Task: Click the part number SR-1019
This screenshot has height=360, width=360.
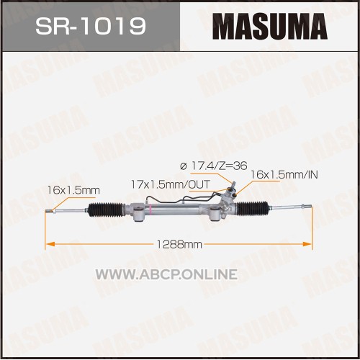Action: [x=91, y=26]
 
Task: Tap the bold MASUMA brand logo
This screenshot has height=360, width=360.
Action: [x=270, y=26]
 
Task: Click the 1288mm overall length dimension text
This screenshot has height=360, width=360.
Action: [x=179, y=245]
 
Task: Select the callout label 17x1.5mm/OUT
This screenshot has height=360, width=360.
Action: [x=171, y=184]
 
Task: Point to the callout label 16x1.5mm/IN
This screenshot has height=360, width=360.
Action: [x=284, y=174]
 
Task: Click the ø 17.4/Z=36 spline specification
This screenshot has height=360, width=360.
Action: [x=214, y=166]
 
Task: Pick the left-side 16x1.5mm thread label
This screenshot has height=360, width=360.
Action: [x=73, y=190]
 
